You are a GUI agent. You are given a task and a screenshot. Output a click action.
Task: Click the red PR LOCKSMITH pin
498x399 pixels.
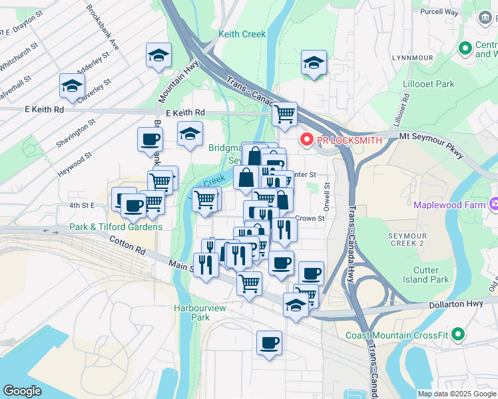(x=307, y=140)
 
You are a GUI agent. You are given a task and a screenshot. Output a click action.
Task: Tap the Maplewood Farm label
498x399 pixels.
(x=450, y=205)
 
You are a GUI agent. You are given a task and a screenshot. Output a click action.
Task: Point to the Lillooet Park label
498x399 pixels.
(x=429, y=84)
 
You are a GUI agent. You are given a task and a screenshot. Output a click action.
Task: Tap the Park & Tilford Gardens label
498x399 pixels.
(x=116, y=227)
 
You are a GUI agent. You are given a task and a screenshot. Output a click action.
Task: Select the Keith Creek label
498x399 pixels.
(x=244, y=34)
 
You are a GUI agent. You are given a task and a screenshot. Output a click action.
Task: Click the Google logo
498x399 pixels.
(x=22, y=391)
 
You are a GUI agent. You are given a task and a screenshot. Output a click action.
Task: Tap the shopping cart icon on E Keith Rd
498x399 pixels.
(x=284, y=114)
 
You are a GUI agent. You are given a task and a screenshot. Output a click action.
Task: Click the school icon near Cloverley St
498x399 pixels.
(x=72, y=85)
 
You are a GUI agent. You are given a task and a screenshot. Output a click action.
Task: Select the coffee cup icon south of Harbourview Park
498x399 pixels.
(x=269, y=343)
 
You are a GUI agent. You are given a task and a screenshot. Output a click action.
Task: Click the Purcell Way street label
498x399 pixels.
(x=439, y=12)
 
